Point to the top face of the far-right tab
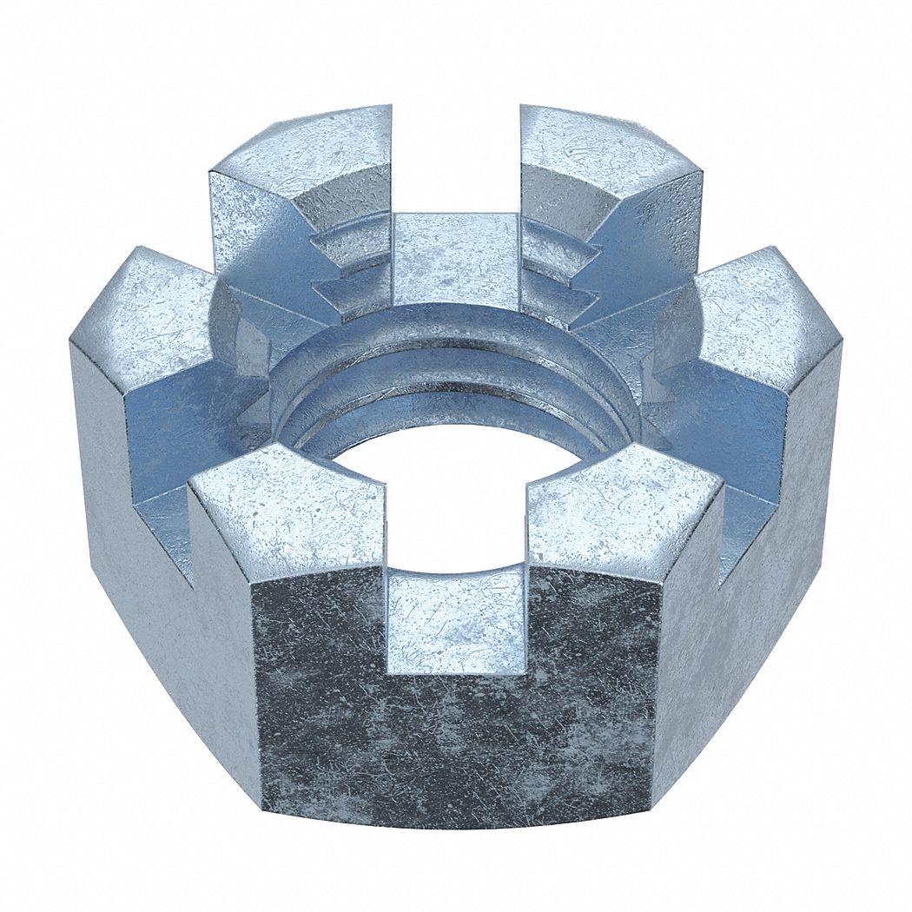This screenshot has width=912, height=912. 769,313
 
